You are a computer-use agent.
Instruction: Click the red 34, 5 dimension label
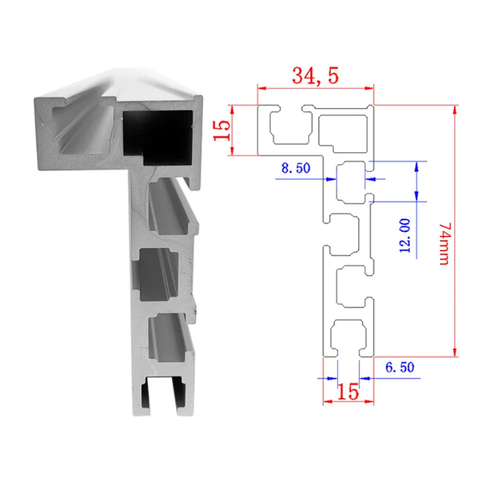315,76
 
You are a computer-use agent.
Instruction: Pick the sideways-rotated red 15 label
222,130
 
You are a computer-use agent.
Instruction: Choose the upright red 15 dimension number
348,392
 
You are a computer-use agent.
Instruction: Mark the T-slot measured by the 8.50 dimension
351,180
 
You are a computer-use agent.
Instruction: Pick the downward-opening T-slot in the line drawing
347,339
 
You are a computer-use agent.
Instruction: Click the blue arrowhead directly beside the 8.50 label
331,179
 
